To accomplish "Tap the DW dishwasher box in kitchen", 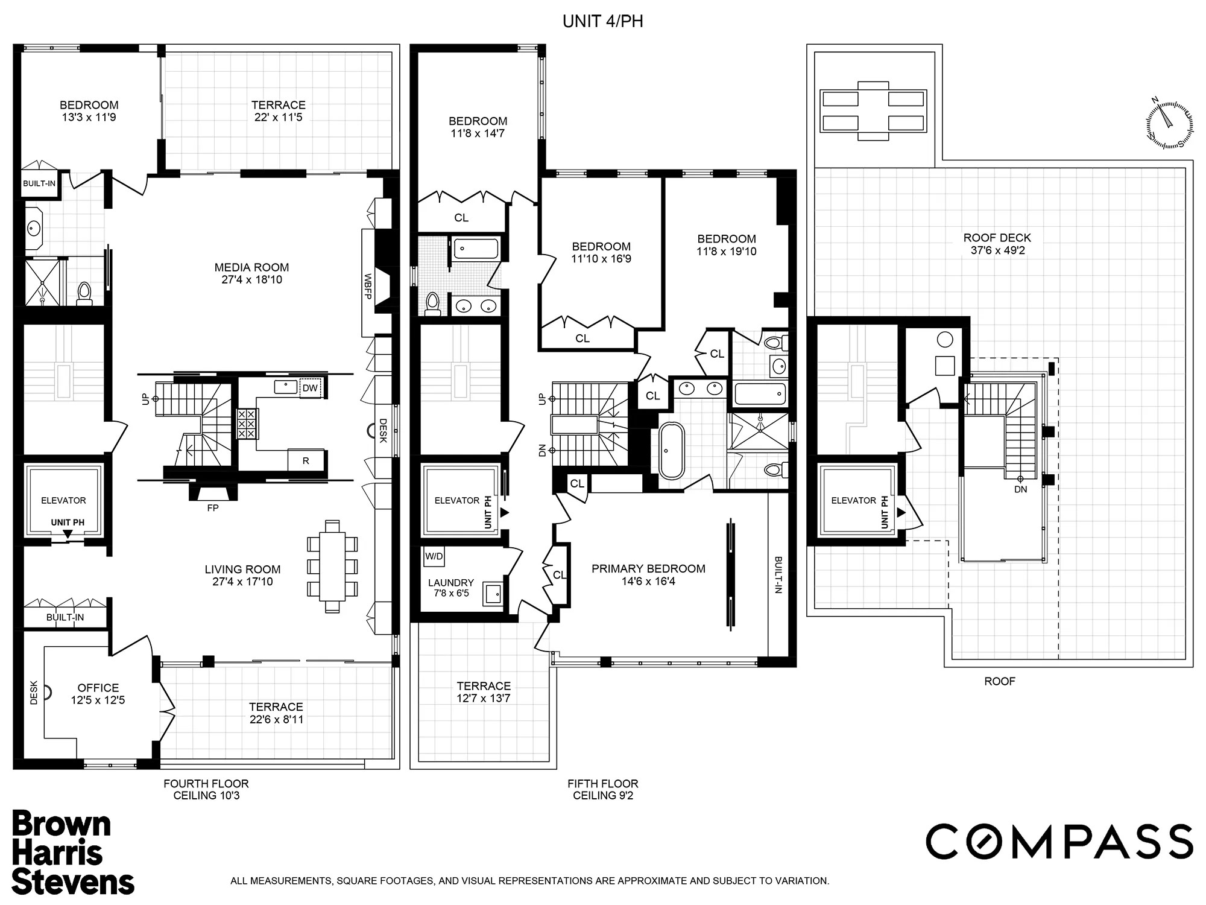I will pyautogui.click(x=310, y=388).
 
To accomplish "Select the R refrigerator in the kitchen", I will pyautogui.click(x=306, y=461).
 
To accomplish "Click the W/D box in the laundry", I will pyautogui.click(x=434, y=556).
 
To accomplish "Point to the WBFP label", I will pyautogui.click(x=367, y=287).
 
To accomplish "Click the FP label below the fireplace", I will pyautogui.click(x=213, y=508).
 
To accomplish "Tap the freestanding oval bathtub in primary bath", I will pyautogui.click(x=671, y=451).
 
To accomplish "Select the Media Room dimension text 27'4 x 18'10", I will pyautogui.click(x=251, y=280).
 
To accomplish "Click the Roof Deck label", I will pyautogui.click(x=997, y=238).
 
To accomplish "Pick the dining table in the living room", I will pyautogui.click(x=332, y=566).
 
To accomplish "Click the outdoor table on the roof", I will pyautogui.click(x=873, y=110).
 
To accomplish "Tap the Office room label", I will pyautogui.click(x=98, y=688).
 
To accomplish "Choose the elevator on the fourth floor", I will pyautogui.click(x=63, y=500).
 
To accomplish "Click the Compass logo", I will pyautogui.click(x=1059, y=842).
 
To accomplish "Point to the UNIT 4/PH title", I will pyautogui.click(x=602, y=22).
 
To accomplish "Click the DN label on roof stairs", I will pyautogui.click(x=1020, y=489).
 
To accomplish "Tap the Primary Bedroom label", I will pyautogui.click(x=648, y=568).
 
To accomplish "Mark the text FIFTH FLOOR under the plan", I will pyautogui.click(x=602, y=784).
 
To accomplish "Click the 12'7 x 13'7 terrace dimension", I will pyautogui.click(x=484, y=699).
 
